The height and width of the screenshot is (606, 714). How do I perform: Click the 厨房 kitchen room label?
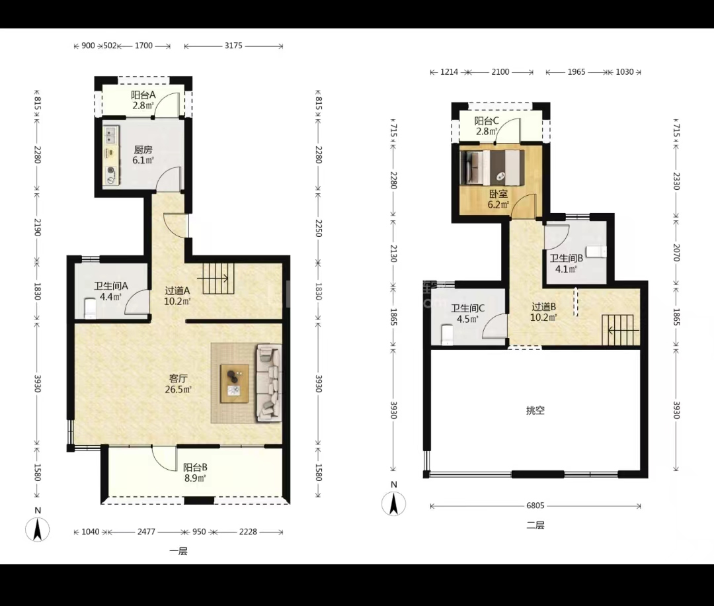pos(143,150)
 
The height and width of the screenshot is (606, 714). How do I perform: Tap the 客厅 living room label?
pos(178,378)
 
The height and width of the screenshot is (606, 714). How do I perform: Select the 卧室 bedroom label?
pos(498,194)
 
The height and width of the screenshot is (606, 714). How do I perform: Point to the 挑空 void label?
pos(535,411)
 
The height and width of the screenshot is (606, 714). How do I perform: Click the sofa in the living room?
pos(269,383)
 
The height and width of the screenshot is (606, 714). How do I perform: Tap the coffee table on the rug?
pos(235,384)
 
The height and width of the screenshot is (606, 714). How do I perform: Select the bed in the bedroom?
pos(493,167)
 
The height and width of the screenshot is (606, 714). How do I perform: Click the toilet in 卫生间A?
pos(90,308)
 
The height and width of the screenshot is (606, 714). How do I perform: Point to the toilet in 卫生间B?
pos(596,251)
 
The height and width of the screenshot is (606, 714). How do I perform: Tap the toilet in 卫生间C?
pos(448,335)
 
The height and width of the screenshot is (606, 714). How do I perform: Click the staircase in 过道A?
pos(218,279)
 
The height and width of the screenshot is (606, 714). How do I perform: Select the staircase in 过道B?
pos(618,330)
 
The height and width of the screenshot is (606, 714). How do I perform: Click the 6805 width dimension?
pos(535,505)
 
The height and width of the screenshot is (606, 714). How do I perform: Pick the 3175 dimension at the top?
pos(233,46)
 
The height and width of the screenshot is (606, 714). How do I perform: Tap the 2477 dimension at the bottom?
pos(146,532)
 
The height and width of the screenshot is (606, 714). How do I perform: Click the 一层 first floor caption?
pos(178,551)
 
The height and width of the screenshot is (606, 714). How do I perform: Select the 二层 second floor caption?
pos(535,525)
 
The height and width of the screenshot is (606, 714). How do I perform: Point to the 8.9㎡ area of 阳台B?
pos(195,478)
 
